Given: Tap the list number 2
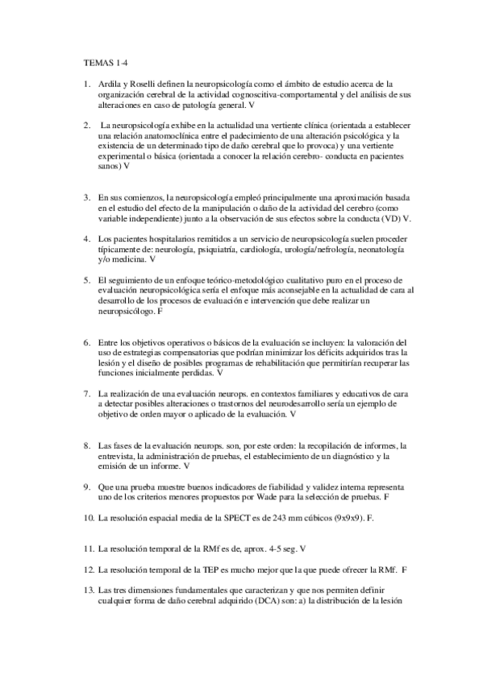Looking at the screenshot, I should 86,126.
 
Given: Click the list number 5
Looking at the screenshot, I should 86,279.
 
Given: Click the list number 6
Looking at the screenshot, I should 86,341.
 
